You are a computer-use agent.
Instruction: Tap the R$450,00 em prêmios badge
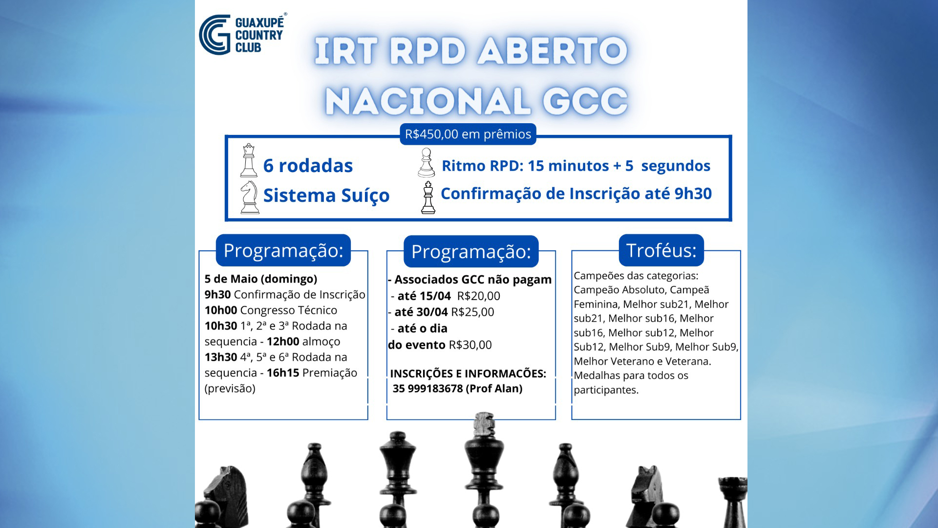[x=468, y=134]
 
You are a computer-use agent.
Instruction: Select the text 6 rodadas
[x=308, y=166]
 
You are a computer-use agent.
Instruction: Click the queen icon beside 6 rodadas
[x=249, y=160]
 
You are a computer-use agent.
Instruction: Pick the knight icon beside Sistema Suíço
[x=250, y=197]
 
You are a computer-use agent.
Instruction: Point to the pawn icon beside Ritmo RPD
[x=426, y=163]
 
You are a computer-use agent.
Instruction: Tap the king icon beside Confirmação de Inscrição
[x=428, y=198]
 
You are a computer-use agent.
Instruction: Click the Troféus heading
[x=661, y=250]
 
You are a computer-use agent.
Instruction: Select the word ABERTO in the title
[x=553, y=51]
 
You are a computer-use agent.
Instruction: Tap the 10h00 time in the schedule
[x=221, y=310]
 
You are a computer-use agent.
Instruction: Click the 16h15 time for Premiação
[x=283, y=373]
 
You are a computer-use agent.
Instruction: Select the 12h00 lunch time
[x=283, y=341]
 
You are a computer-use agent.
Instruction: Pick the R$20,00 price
[x=479, y=296]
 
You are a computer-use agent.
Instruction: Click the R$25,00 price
[x=472, y=312]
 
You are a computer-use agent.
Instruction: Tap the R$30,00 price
[x=470, y=345]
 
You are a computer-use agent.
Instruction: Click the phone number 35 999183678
[x=427, y=389]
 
